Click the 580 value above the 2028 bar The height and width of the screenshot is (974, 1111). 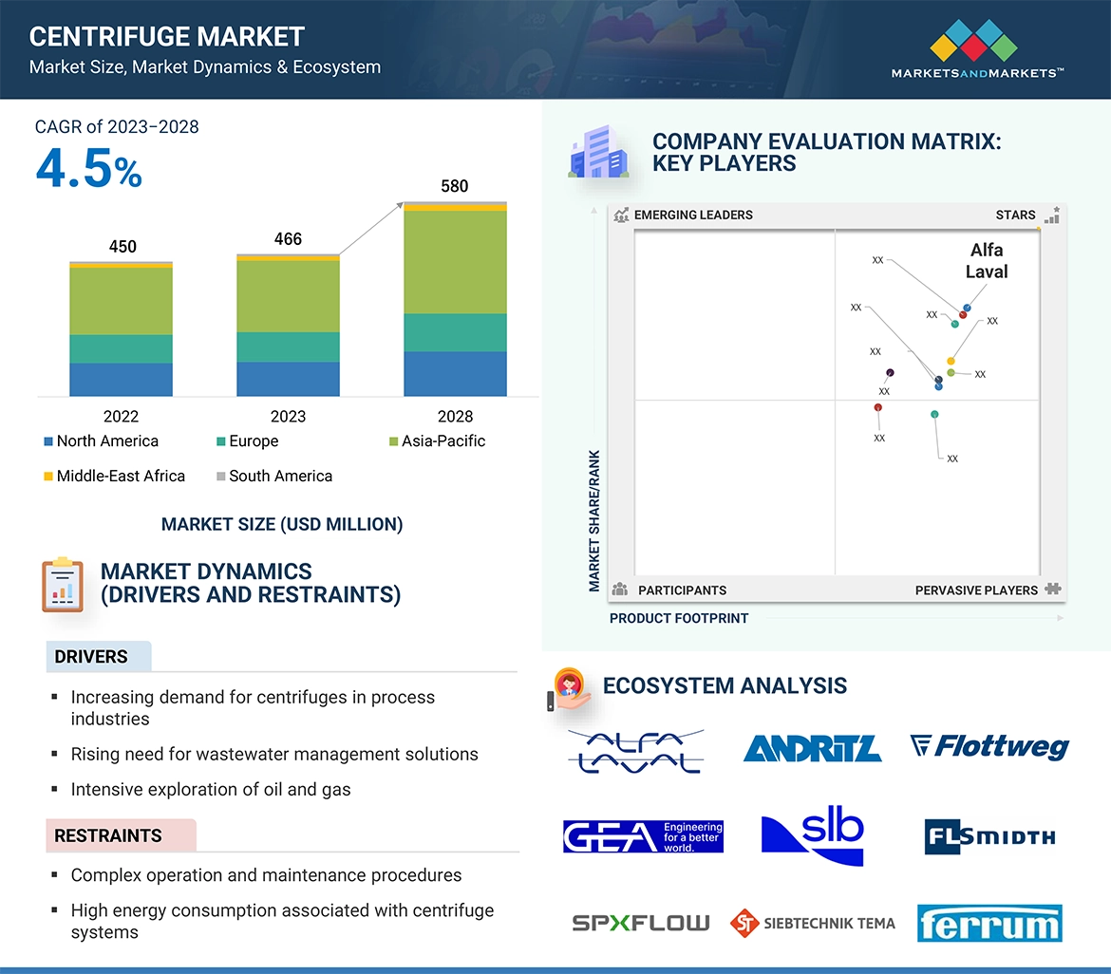(455, 186)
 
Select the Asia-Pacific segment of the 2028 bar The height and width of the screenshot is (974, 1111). (455, 262)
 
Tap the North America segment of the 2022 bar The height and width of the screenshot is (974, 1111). (121, 379)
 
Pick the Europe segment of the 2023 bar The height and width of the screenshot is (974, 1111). (288, 347)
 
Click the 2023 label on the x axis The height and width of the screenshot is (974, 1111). (288, 416)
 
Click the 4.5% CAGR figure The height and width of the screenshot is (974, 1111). (89, 170)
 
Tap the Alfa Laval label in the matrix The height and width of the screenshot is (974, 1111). (987, 261)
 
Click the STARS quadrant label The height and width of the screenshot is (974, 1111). (1015, 215)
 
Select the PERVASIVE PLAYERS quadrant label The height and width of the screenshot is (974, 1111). (976, 590)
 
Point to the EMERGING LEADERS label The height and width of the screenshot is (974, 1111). (693, 215)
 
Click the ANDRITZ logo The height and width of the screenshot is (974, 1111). (812, 749)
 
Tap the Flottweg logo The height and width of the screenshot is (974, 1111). (989, 747)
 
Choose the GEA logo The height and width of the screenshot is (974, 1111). (643, 836)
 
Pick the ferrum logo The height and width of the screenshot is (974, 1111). (989, 924)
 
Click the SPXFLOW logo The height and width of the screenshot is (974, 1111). (640, 922)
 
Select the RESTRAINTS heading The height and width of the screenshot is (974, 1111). (108, 835)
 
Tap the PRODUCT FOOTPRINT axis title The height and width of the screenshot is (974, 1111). (679, 618)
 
